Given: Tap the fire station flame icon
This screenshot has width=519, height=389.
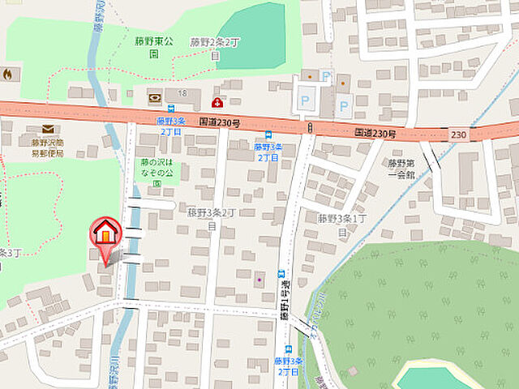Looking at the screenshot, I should pyautogui.click(x=8, y=75).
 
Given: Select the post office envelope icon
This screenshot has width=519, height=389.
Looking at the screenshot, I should pyautogui.click(x=47, y=129).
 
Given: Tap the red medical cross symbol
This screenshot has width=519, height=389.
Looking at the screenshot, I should pyautogui.click(x=217, y=102).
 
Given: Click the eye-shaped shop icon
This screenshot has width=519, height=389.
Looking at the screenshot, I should pyautogui.click(x=154, y=98).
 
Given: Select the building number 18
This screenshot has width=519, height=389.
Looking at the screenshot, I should pyautogui.click(x=182, y=94).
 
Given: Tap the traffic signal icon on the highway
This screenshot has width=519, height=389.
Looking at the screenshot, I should pyautogui.click(x=310, y=127).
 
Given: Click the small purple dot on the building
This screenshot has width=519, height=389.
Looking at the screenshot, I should pyautogui.click(x=259, y=280).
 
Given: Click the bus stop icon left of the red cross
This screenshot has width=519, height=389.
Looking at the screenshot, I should pyautogui.click(x=171, y=108).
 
